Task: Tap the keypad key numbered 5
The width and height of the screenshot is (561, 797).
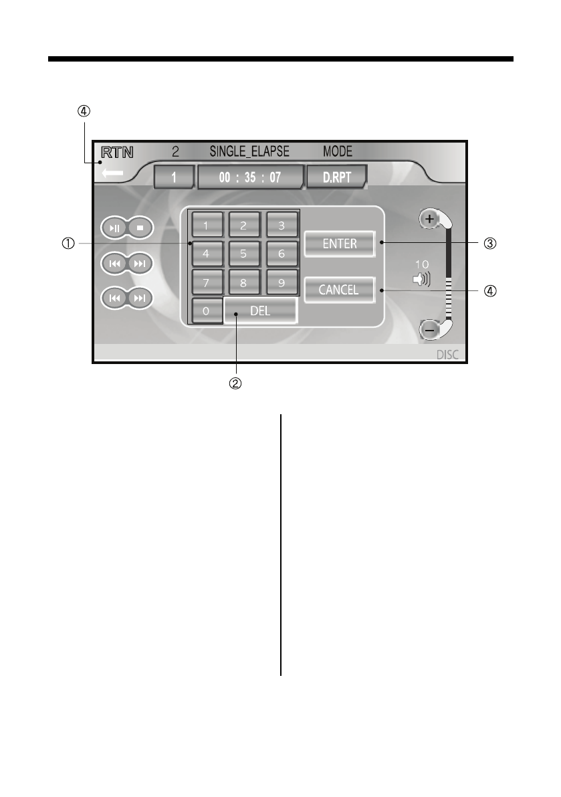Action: (244, 254)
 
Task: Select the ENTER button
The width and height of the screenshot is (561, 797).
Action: (340, 244)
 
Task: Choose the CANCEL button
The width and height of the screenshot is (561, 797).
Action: (338, 290)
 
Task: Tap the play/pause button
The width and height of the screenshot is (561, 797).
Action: (115, 228)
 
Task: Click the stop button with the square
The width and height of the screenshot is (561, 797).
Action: (140, 228)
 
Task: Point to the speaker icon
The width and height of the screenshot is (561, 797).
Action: (421, 278)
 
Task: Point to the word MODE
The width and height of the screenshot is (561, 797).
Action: (338, 152)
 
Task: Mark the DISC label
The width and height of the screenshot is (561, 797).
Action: (447, 355)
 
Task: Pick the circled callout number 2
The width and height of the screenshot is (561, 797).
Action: (235, 384)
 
